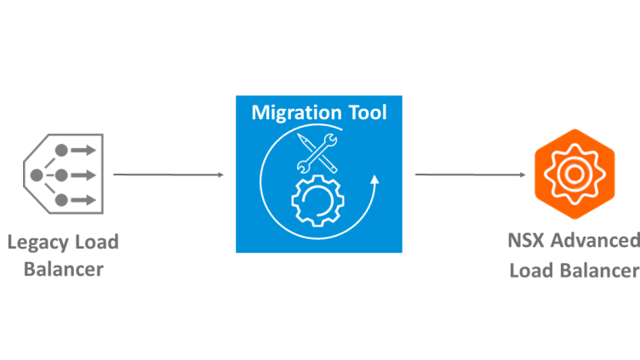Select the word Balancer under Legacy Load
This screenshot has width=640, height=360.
(x=64, y=271)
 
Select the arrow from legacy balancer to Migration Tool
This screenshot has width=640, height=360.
(x=168, y=174)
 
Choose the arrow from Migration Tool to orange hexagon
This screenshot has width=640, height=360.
(x=469, y=175)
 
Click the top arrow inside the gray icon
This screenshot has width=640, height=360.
(x=83, y=151)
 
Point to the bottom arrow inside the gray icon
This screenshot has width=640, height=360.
(x=83, y=201)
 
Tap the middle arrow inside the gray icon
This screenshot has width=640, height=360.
(x=83, y=175)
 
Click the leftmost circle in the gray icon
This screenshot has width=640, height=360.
(x=37, y=175)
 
